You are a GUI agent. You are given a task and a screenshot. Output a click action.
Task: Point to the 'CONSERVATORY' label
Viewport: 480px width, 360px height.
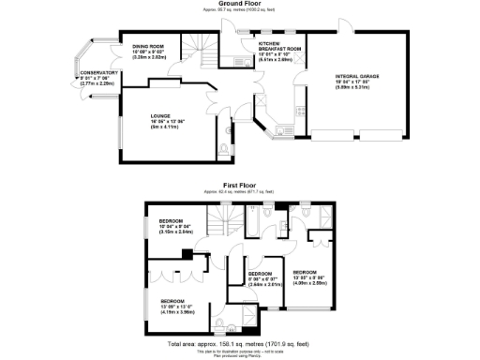(97, 72)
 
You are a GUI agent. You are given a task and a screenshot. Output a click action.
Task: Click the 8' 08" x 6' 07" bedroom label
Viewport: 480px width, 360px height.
(261, 277)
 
